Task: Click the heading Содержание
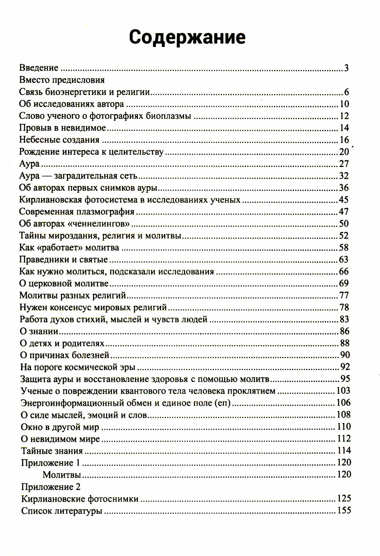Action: coord(187,38)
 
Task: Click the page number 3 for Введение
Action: coord(346,68)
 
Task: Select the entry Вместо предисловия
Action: coord(62,80)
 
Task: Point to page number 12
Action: coord(344,116)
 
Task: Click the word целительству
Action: coord(139,152)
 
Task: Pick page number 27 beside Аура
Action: coord(344,164)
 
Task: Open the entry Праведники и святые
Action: coord(63,260)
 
